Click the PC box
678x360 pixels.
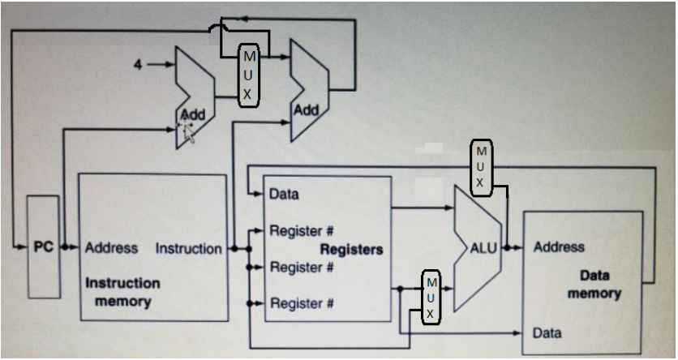tap(43, 246)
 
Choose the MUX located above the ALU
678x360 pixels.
tap(480, 165)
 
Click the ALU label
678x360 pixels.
tap(484, 247)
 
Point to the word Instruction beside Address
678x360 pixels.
tap(189, 248)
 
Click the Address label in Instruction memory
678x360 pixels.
tap(111, 248)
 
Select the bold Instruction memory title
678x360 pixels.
tap(122, 292)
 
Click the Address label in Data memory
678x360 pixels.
tap(559, 247)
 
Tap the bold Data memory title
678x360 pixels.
tap(594, 285)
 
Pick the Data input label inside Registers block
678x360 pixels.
tap(284, 195)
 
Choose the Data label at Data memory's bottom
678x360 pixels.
tap(547, 333)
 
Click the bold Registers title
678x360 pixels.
tap(351, 249)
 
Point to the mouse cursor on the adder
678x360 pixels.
tap(188, 128)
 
